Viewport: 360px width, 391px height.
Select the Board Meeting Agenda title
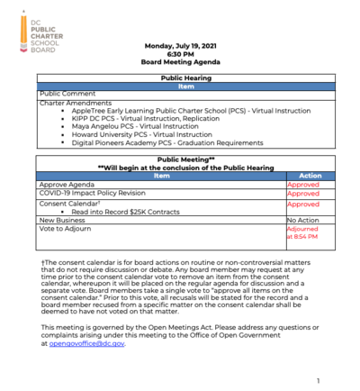pos(184,63)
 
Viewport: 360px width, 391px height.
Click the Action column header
pos(309,176)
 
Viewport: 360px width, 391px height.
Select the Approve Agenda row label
pos(67,184)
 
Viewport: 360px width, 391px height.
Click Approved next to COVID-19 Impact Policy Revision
pos(302,194)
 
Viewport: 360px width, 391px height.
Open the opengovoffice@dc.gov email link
pos(88,343)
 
